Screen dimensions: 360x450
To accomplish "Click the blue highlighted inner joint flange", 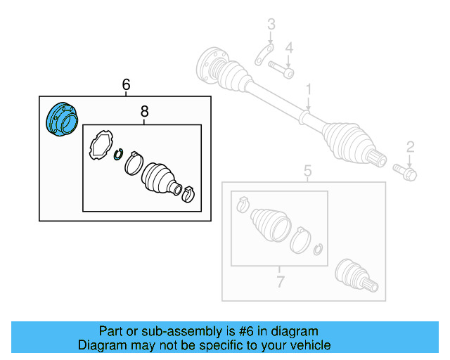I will pos(60,120).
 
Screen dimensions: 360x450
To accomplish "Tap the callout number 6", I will pos(126,84).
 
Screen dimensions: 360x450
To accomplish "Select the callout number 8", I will pos(144,111).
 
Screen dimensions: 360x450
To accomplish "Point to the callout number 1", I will pos(307,89).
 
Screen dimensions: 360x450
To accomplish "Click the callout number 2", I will pos(410,146).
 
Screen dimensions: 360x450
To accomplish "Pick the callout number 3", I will pos(270,27).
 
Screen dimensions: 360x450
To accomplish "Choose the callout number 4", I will pos(288,47).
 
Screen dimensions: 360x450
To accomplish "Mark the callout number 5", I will pos(307,170).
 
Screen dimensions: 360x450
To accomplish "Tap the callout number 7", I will pos(279,283).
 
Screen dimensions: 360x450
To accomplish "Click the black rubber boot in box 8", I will pos(157,178).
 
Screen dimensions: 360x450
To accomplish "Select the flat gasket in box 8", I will pos(101,146).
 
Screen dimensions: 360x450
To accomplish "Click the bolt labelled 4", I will pos(281,70).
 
